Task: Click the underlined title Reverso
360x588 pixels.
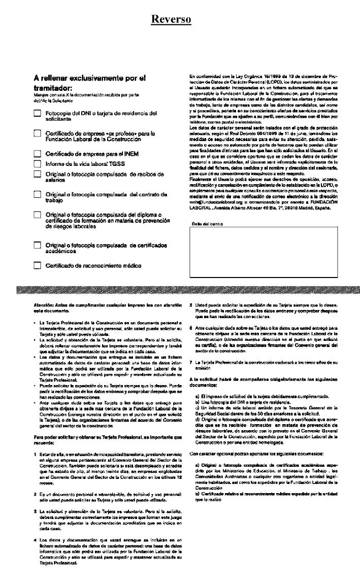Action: [171, 19]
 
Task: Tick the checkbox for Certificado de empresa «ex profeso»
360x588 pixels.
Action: [37, 133]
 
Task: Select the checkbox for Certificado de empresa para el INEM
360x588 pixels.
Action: [37, 153]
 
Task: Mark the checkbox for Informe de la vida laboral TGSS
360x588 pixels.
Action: [37, 163]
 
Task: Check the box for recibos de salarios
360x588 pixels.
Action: [37, 174]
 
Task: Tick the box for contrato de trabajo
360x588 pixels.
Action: [37, 194]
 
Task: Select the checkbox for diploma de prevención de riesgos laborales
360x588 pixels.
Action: [37, 215]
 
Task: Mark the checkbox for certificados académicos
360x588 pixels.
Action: [37, 245]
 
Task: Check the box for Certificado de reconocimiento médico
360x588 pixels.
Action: [37, 265]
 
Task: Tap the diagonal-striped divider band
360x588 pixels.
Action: [180, 290]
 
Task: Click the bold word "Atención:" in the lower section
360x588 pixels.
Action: [44, 304]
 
